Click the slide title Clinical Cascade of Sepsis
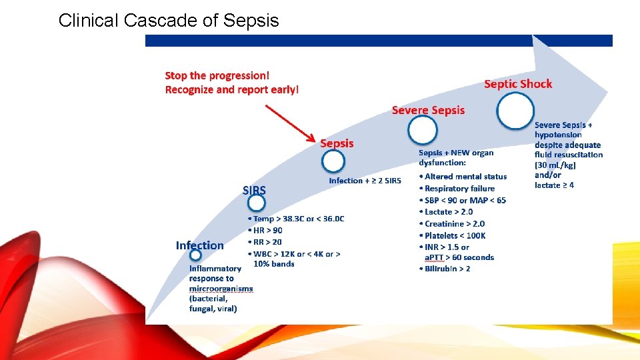pos(169,21)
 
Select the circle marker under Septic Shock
pos(515,110)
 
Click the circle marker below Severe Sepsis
pos(423,130)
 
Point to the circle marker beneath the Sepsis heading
pos(333,161)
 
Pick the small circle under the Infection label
pos(195,255)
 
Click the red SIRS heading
pos(254,191)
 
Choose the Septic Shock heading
pos(518,84)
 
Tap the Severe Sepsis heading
pos(428,110)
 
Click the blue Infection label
pos(200,245)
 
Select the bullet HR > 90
pos(266,231)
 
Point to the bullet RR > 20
pos(266,242)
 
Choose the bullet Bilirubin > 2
pos(447,269)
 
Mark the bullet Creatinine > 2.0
pos(454,224)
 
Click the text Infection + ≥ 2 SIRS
pos(365,181)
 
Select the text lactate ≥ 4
pos(554,185)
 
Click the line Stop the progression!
pos(217,76)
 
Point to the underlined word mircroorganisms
pos(221,289)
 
